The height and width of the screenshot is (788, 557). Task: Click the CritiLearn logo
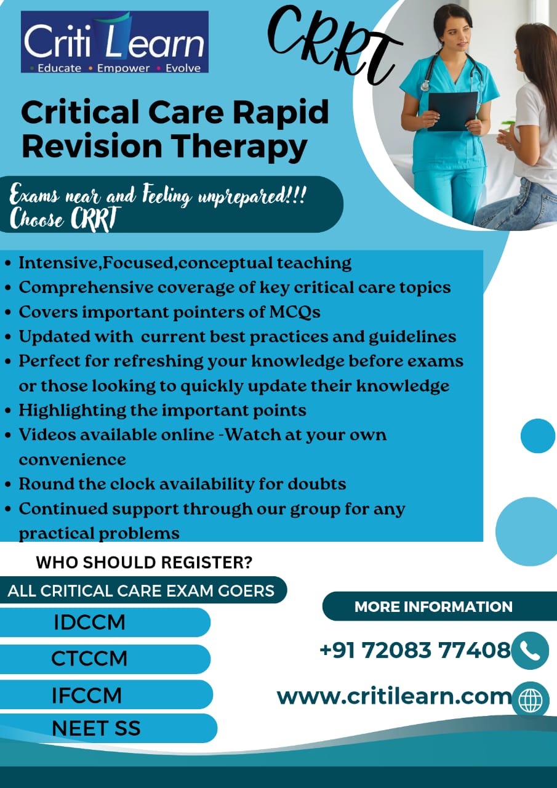[114, 42]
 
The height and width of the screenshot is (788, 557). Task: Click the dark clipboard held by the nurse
[453, 111]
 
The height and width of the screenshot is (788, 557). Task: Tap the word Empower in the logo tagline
[124, 68]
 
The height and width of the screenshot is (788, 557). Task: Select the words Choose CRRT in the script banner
[65, 220]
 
